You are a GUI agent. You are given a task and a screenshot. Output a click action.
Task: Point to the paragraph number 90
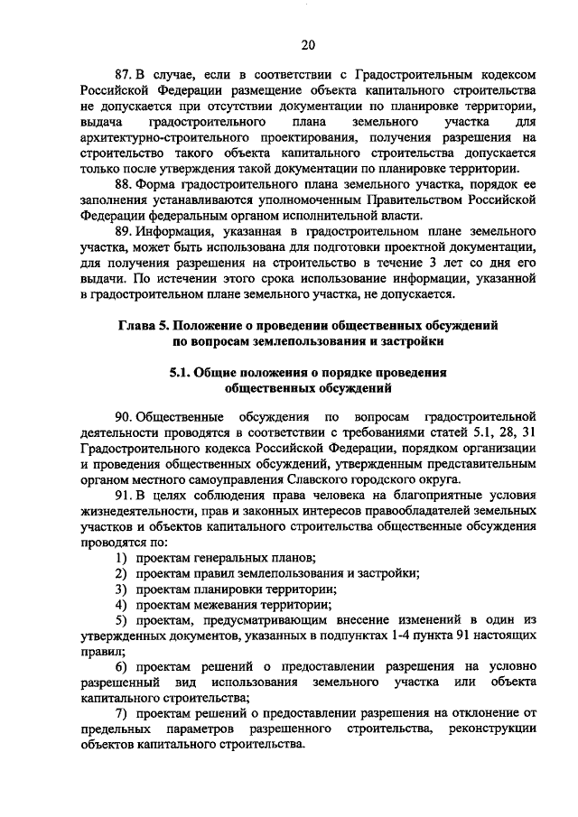124,416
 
